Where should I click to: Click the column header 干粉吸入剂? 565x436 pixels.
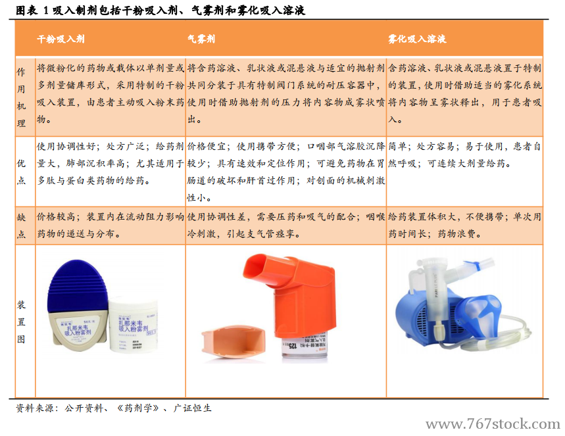tap(61, 39)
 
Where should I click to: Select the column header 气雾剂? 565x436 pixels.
tap(201, 39)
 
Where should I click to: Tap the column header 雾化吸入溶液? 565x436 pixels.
tap(417, 39)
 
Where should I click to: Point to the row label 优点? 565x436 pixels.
tap(21, 170)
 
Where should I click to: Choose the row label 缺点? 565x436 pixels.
tap(21, 225)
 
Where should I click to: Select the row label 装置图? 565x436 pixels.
tap(21, 322)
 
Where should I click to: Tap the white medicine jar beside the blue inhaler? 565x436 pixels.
tap(134, 323)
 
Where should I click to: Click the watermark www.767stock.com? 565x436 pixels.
tap(493, 424)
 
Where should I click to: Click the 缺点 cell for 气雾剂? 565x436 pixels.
tap(285, 225)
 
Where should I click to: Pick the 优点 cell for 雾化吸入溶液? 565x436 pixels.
tap(464, 155)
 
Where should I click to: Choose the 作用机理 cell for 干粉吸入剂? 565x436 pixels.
tap(111, 95)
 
